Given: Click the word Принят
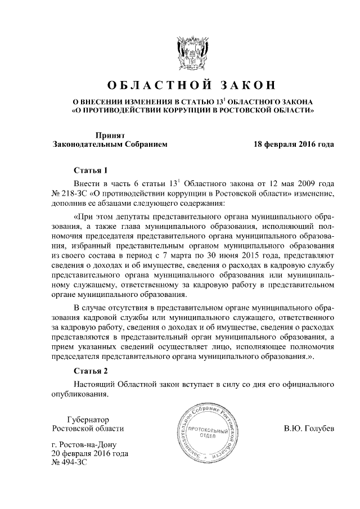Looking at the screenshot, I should pos(110,135).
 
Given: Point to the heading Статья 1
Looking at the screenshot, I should pos(90,169).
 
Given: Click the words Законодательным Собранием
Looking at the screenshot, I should pos(110,145).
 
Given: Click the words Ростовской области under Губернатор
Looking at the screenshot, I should pos(87,429).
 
